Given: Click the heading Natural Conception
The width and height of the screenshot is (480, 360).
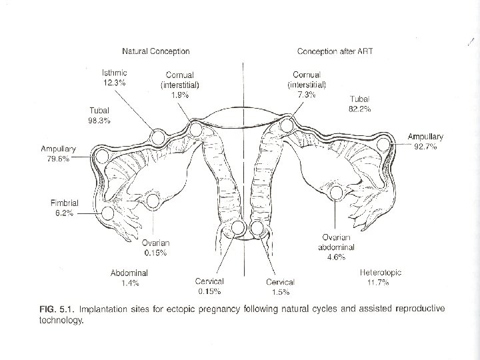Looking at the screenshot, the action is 155,51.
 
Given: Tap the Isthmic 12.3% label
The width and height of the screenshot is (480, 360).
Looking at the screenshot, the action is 115,77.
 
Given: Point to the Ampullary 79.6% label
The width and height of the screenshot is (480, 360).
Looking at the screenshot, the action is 58,153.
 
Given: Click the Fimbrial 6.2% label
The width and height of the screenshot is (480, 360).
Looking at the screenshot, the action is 65,206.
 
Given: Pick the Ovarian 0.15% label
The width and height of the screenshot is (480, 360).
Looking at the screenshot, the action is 155,247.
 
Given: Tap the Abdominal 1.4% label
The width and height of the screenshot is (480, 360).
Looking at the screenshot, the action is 129,279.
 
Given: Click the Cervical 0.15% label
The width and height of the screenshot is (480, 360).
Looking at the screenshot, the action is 209,286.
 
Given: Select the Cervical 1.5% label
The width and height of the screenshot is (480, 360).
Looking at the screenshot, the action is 280,286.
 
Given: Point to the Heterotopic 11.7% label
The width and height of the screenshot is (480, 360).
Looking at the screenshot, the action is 381,278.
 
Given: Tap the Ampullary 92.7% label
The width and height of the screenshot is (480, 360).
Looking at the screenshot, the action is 425,142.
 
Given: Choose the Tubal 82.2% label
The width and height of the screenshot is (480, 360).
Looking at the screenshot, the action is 361,103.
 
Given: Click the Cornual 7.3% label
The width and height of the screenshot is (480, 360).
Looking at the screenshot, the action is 307,85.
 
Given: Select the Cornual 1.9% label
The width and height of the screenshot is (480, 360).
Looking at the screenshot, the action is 179,85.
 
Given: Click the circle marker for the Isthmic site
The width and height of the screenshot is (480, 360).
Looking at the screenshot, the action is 159,137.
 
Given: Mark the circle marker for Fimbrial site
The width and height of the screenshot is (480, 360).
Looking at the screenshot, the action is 109,213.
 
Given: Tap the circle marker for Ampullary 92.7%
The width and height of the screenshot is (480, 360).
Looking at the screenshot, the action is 384,145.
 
